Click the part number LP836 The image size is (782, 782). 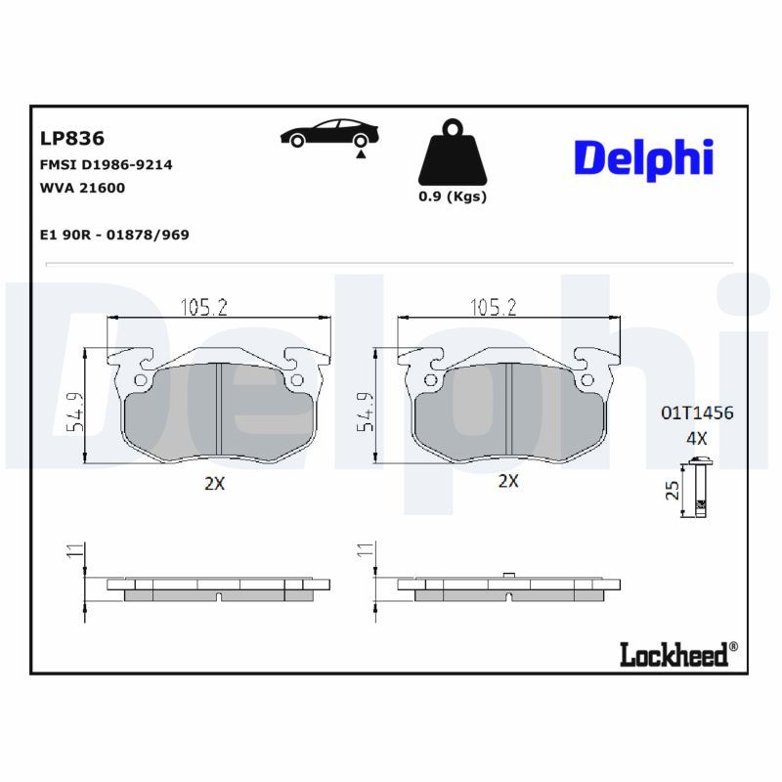72,138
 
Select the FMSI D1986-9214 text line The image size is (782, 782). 107,164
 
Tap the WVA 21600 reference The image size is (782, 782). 82,188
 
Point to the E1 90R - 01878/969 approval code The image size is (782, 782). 114,235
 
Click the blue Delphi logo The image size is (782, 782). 644,158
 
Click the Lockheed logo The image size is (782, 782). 674,654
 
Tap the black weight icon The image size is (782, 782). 453,152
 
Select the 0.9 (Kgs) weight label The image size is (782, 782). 453,196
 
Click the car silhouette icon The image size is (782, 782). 329,133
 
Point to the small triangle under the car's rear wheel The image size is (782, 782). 361,154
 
